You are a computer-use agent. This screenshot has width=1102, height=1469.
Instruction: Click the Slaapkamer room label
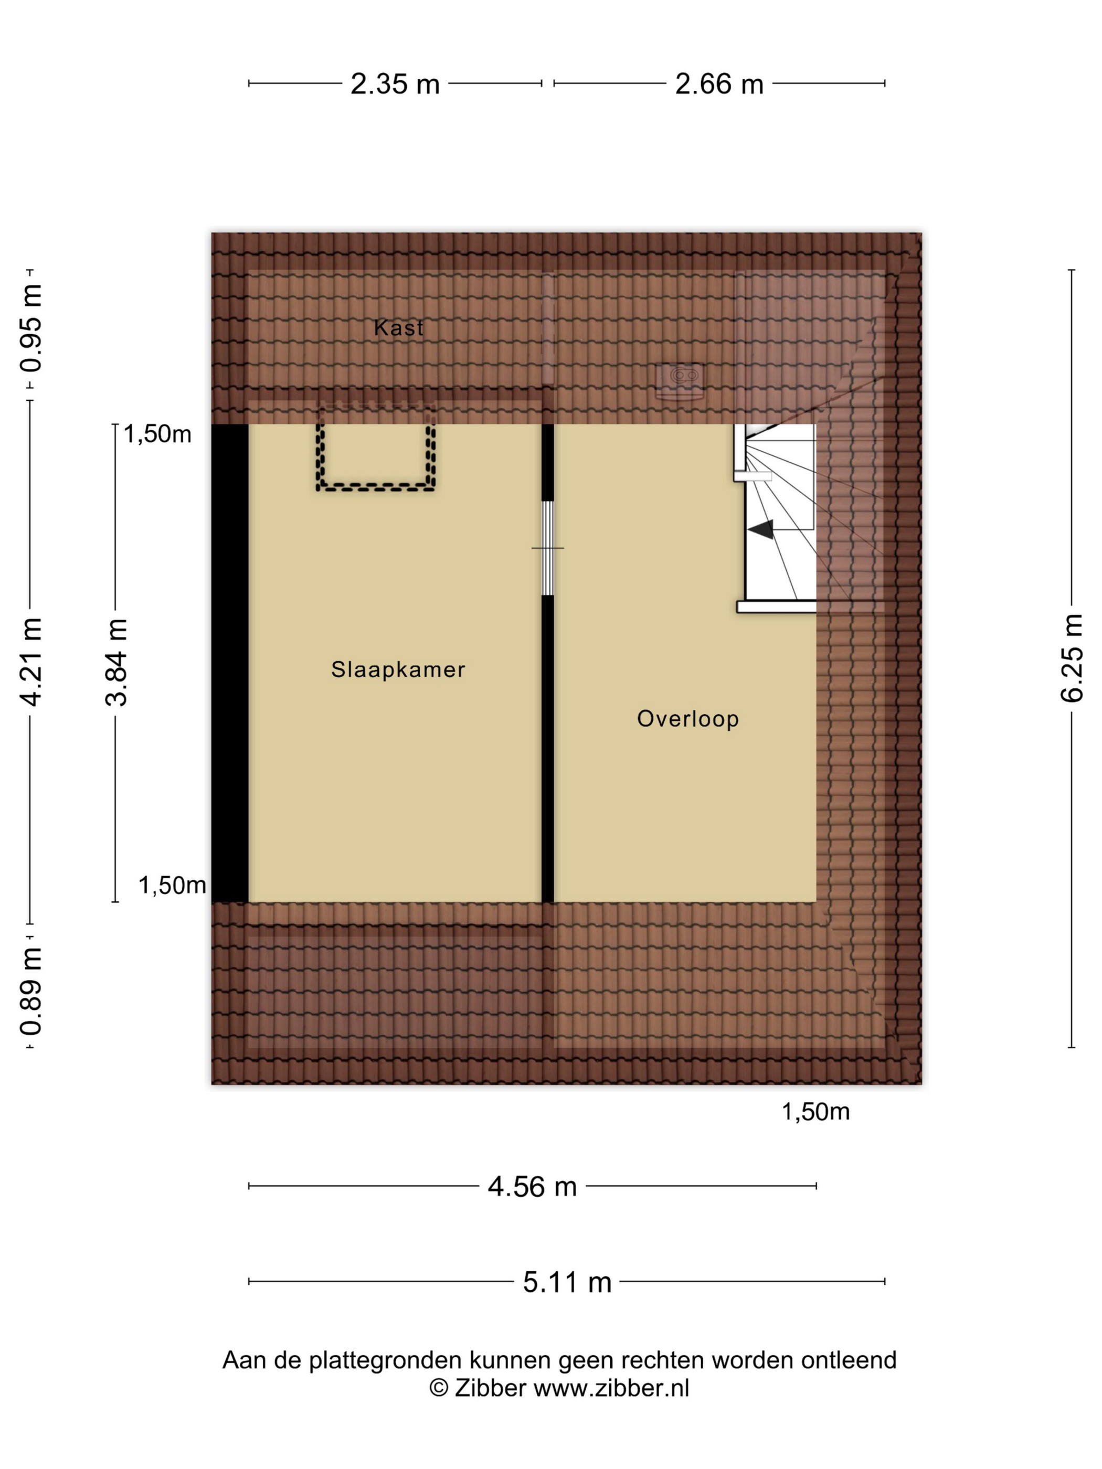coord(398,669)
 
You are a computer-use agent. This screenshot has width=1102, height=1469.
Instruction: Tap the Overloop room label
coord(687,719)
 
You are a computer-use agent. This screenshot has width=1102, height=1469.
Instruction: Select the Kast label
coord(398,327)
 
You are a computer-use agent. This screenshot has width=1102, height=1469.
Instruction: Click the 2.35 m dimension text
coord(395,84)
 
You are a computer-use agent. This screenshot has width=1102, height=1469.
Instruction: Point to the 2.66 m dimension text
coord(719,84)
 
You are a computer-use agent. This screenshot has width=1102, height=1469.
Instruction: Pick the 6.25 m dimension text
coord(1072,657)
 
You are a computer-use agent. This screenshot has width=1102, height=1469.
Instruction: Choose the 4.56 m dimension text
coord(532,1187)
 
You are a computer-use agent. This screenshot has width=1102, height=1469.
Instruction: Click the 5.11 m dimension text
coord(567,1282)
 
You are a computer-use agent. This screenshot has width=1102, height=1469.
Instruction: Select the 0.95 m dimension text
coord(30,327)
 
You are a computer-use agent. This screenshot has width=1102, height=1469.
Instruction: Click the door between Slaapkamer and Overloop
coord(547,548)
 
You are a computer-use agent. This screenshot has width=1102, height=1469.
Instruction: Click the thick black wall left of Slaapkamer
coord(230,663)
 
